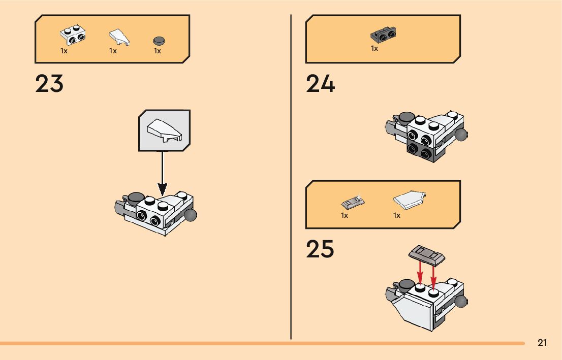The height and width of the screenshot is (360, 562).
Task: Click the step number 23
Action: tap(49, 84)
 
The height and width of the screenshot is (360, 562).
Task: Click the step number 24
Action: tap(320, 84)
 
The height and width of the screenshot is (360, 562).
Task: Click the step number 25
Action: tap(320, 249)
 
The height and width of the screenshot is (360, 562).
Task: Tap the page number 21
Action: tap(542, 343)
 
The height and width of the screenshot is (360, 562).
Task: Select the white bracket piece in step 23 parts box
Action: tap(73, 35)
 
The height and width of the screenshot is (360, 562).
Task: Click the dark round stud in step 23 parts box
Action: tap(159, 40)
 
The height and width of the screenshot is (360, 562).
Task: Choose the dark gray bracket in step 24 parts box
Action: tap(384, 35)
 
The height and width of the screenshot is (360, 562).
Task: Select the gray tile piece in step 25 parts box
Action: tap(352, 203)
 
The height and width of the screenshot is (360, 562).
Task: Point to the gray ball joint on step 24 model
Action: tap(461, 135)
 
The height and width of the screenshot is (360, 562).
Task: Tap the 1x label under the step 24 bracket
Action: tap(374, 49)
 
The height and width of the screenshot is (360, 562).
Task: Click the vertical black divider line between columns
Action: tap(291, 178)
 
